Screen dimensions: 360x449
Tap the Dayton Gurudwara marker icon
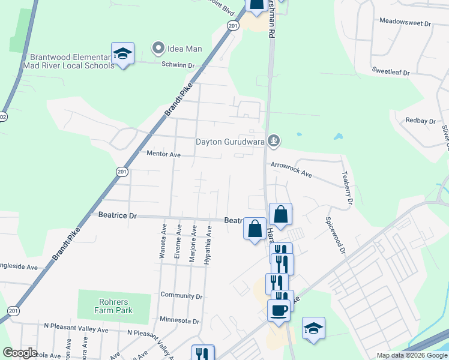coord(274,142)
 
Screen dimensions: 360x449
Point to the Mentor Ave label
coord(163,154)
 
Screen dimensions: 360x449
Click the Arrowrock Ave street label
coord(291,169)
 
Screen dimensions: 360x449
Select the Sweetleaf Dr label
coord(390,72)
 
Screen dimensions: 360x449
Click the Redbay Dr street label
coord(420,121)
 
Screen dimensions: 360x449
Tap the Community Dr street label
coord(181,295)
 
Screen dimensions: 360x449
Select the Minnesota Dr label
coord(179,321)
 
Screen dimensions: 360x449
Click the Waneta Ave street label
coord(163,241)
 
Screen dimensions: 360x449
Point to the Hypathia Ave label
coord(208,245)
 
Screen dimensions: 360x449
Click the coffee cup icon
coord(278,310)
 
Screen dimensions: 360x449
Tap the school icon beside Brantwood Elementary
coord(123,53)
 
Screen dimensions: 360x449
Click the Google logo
coord(20,353)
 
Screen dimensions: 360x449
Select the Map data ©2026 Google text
coord(411,355)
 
